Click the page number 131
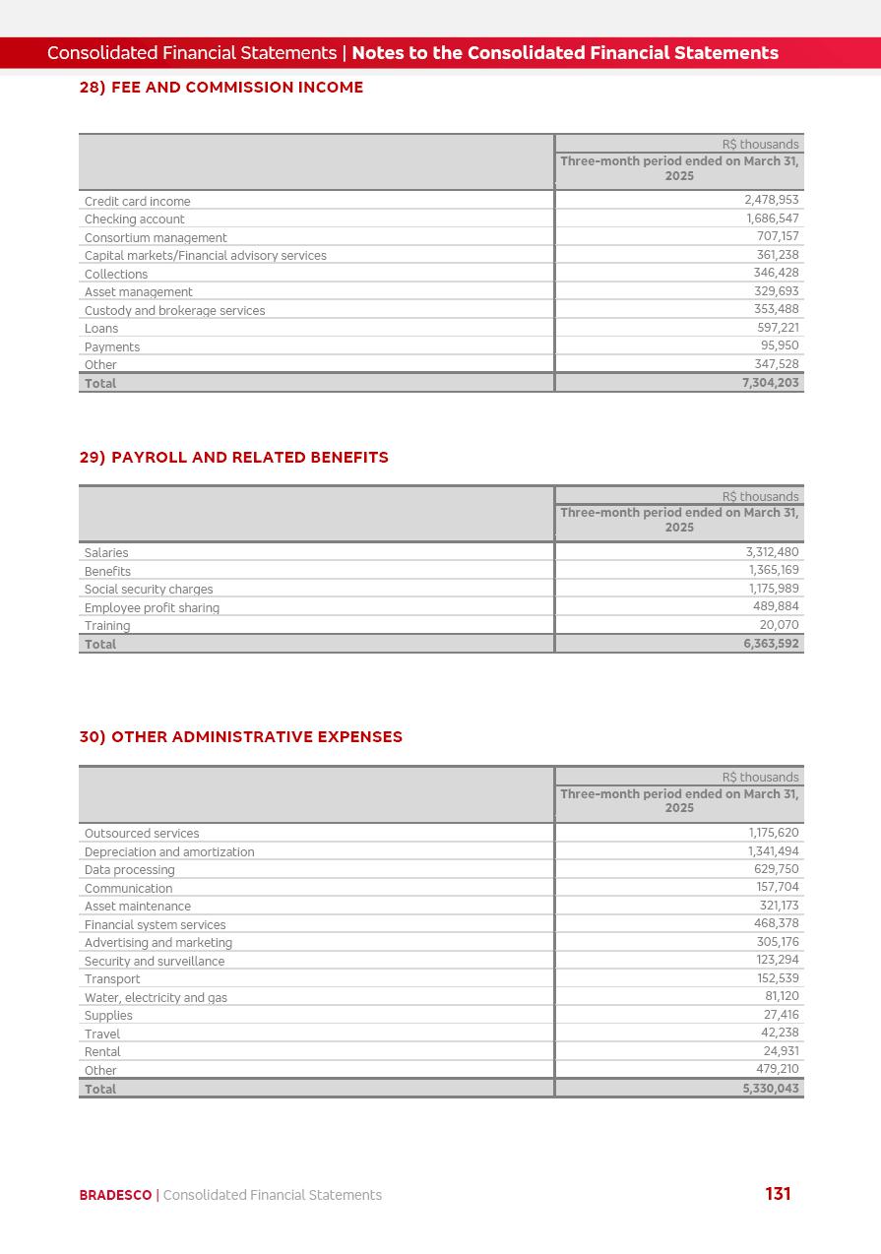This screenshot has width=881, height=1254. pyautogui.click(x=778, y=1194)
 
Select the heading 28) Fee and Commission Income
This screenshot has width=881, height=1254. pyautogui.click(x=221, y=88)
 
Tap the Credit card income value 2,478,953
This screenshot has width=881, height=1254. pyautogui.click(x=771, y=200)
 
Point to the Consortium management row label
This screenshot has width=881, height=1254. pyautogui.click(x=156, y=238)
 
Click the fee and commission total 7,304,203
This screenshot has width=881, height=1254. pyautogui.click(x=770, y=383)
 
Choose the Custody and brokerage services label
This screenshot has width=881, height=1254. pyautogui.click(x=174, y=311)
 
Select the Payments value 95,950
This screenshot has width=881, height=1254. pyautogui.click(x=780, y=345)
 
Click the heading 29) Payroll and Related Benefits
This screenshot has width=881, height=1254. pyautogui.click(x=234, y=458)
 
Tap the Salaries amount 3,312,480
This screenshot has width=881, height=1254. pyautogui.click(x=772, y=552)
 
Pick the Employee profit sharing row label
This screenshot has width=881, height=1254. pyautogui.click(x=152, y=608)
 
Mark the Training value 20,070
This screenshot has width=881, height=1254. pyautogui.click(x=779, y=625)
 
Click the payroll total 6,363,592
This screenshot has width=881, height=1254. pyautogui.click(x=771, y=644)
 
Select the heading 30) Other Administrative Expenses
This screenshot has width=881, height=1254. pyautogui.click(x=241, y=737)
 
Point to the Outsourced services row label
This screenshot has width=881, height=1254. pyautogui.click(x=142, y=834)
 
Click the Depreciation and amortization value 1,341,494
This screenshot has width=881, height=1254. pyautogui.click(x=773, y=851)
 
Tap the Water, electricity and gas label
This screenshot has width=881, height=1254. pyautogui.click(x=156, y=998)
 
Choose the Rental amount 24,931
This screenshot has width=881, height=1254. pyautogui.click(x=781, y=1051)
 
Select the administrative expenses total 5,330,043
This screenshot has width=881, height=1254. pyautogui.click(x=771, y=1089)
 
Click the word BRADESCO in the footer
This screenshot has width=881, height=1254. pyautogui.click(x=115, y=1196)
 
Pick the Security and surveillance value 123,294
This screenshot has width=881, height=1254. pyautogui.click(x=777, y=961)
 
